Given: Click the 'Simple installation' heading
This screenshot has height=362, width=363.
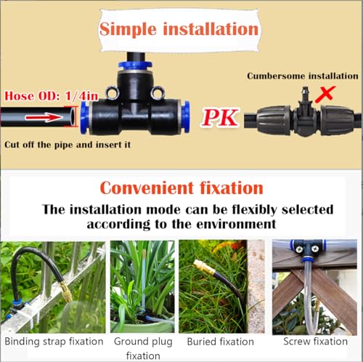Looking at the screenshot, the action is pos(179,29).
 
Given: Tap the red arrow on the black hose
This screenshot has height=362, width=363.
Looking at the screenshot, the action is pos(44,117).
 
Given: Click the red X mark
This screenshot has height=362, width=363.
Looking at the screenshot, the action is pos(325,94).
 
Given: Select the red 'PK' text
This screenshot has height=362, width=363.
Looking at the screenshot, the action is pos(220,117).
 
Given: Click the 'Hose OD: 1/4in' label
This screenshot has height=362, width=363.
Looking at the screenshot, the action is pos(52,96).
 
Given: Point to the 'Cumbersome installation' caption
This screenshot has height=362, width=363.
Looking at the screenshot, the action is pos(303,76).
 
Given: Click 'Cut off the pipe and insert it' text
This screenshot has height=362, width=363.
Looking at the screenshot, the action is pos(68,145).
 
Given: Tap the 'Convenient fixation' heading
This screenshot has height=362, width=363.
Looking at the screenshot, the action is pos(181,188).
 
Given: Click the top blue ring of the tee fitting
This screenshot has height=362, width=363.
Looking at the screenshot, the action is pos(135,65).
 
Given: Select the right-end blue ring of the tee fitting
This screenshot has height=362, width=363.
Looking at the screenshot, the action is pos(186,117).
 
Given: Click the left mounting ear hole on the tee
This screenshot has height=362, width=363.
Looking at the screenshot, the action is pos(113,93).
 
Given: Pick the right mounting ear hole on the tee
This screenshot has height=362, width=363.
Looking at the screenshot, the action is pos(158,92).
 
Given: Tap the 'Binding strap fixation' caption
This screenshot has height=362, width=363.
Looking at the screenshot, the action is pos(54,342).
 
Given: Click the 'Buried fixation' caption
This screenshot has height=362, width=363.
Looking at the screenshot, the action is pos(221,342).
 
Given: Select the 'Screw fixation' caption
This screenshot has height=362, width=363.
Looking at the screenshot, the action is pos(315,341).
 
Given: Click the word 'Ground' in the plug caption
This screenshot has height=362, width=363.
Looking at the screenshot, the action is pos(129,342).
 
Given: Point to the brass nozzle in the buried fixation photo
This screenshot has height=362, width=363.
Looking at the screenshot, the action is pos(205,267).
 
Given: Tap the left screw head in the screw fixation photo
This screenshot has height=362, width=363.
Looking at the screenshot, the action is pos(299,249).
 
